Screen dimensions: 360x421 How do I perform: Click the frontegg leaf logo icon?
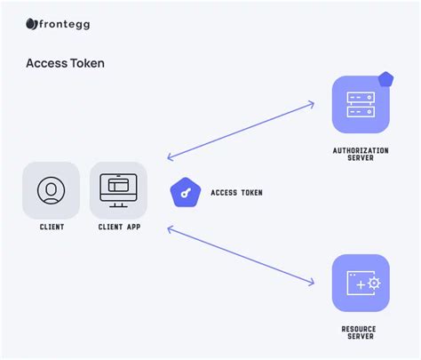(31, 24)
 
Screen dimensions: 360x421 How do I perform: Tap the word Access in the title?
(44, 64)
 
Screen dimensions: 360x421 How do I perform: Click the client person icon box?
(52, 190)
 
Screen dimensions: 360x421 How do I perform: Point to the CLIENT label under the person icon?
(52, 228)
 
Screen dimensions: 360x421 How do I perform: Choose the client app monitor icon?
(118, 190)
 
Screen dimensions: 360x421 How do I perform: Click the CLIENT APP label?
(118, 228)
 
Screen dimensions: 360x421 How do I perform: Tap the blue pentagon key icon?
(185, 192)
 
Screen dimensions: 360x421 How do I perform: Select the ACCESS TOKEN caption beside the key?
(236, 193)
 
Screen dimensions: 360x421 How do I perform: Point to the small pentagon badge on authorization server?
(385, 80)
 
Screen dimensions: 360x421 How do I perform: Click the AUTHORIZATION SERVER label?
(361, 154)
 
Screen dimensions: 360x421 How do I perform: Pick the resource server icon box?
(361, 283)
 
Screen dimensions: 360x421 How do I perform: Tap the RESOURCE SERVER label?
(361, 332)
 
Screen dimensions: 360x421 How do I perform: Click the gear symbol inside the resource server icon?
(373, 284)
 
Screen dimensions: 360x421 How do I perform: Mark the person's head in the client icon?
(52, 188)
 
